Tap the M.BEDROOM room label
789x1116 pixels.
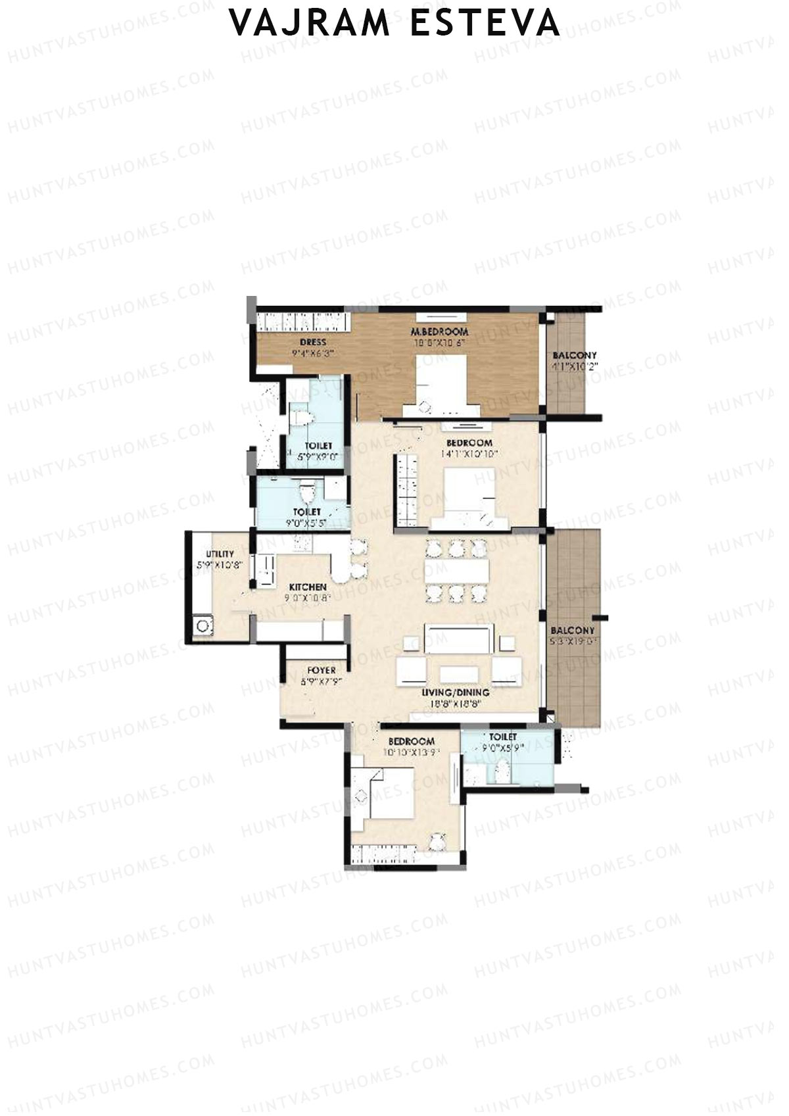(x=439, y=331)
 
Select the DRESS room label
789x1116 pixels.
(x=313, y=342)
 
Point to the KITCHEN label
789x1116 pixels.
(x=308, y=587)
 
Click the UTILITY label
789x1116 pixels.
(x=220, y=554)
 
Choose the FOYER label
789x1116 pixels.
(x=322, y=670)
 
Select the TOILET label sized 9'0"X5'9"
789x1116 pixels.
(x=503, y=737)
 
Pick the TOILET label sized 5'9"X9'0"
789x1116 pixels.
(x=318, y=446)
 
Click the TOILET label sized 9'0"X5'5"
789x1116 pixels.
(x=307, y=512)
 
